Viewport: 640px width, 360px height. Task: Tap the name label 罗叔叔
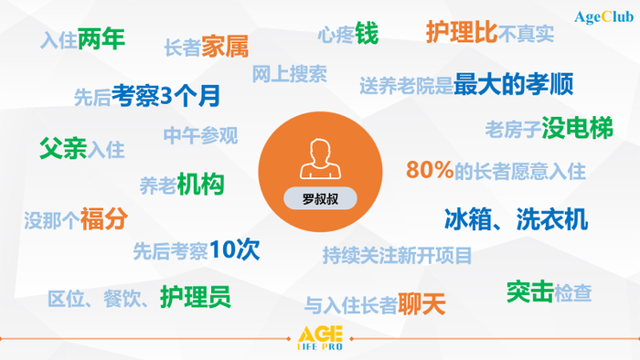[x=319, y=196]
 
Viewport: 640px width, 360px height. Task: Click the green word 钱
[x=367, y=34]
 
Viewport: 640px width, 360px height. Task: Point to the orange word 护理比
[x=462, y=32]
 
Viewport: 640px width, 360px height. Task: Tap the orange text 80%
[x=429, y=170]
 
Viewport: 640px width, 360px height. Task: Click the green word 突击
[x=529, y=291]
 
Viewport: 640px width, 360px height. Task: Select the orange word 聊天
[x=421, y=303]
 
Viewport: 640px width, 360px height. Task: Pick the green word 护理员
[x=195, y=296]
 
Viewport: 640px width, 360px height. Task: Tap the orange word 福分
[x=103, y=219]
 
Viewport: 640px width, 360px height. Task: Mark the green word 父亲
[x=63, y=148]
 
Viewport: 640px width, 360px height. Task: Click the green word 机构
[x=200, y=184]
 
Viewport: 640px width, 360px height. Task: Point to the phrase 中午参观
[x=200, y=136]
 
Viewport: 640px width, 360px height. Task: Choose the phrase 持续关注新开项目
[x=397, y=254]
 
